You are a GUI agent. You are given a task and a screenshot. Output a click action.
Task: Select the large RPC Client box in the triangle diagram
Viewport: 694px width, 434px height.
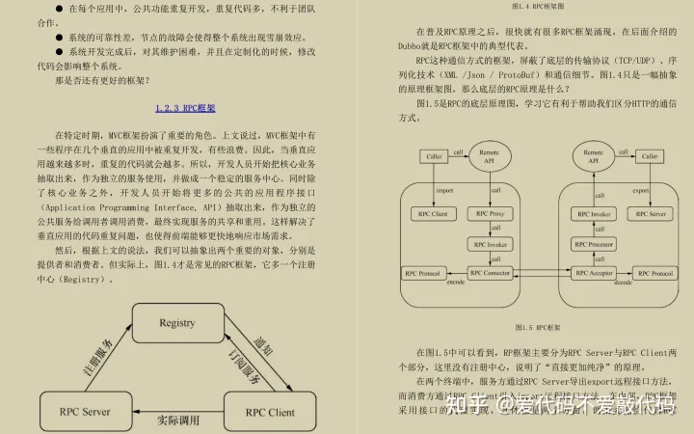(269, 412)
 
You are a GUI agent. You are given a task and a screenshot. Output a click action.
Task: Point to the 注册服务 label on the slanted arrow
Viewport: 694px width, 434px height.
(96, 358)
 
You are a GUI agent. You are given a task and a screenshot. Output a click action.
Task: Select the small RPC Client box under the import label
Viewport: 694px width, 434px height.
(430, 212)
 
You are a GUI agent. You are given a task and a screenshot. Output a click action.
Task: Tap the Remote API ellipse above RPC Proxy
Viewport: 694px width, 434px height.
(489, 156)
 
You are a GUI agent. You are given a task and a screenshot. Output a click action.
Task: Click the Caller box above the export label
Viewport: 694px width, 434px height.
(650, 156)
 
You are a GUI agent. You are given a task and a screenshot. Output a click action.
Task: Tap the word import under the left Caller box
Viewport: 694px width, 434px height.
(443, 190)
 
